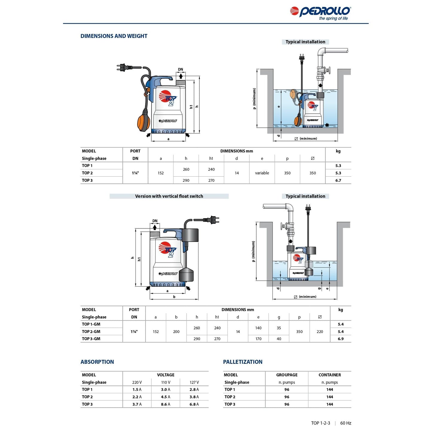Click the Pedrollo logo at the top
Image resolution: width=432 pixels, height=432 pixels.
(x=320, y=13)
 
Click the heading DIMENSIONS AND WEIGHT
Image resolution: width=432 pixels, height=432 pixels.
(x=114, y=36)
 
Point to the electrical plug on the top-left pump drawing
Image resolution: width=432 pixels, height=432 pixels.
(x=123, y=67)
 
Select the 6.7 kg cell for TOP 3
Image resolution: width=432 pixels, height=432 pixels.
(x=338, y=181)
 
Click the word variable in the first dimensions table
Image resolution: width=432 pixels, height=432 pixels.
(x=262, y=173)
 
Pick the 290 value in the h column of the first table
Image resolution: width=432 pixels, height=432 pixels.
(x=186, y=181)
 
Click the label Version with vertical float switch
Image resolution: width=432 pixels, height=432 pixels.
(x=169, y=196)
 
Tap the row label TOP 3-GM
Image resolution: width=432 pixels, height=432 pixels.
(x=91, y=339)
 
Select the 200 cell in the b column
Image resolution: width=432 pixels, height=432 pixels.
(x=176, y=332)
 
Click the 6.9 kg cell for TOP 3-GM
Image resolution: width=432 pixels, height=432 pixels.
(x=341, y=339)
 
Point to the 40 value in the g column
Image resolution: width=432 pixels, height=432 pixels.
(x=279, y=339)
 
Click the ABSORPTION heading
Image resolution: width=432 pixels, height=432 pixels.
(x=97, y=362)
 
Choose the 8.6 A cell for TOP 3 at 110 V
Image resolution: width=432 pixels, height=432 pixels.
(x=165, y=404)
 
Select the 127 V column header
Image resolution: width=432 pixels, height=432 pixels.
(x=194, y=382)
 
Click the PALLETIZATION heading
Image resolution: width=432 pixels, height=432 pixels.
(x=242, y=362)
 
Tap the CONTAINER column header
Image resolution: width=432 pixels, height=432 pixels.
(x=329, y=375)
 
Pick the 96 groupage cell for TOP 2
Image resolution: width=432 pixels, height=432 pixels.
(x=287, y=397)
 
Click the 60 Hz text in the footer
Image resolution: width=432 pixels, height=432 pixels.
(x=346, y=423)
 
